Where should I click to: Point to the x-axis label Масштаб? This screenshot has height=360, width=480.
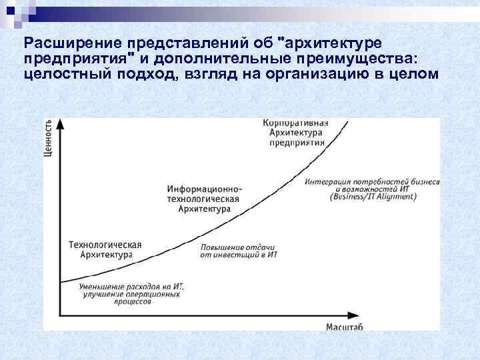click(345, 325)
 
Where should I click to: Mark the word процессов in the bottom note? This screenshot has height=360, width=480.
click(132, 301)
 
